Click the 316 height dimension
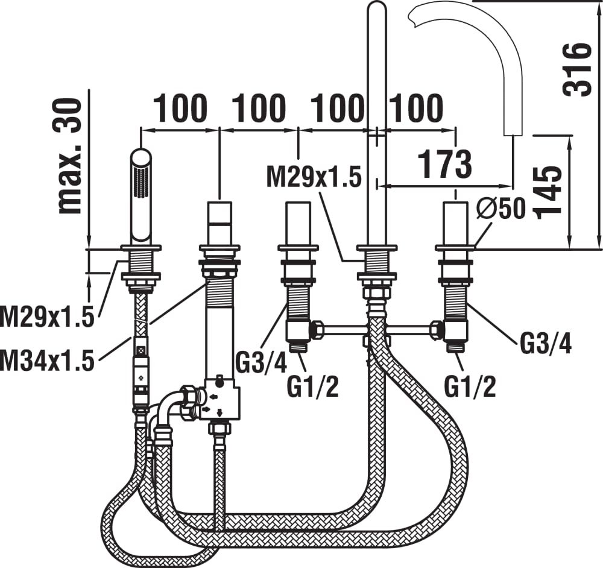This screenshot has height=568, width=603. [x=576, y=69]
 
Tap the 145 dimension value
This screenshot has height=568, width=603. [x=546, y=193]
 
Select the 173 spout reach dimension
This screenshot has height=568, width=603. [x=444, y=165]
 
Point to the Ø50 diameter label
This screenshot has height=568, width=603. [x=500, y=209]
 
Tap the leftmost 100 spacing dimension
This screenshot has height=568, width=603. [x=180, y=108]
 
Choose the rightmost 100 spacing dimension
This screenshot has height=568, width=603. [x=415, y=108]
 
